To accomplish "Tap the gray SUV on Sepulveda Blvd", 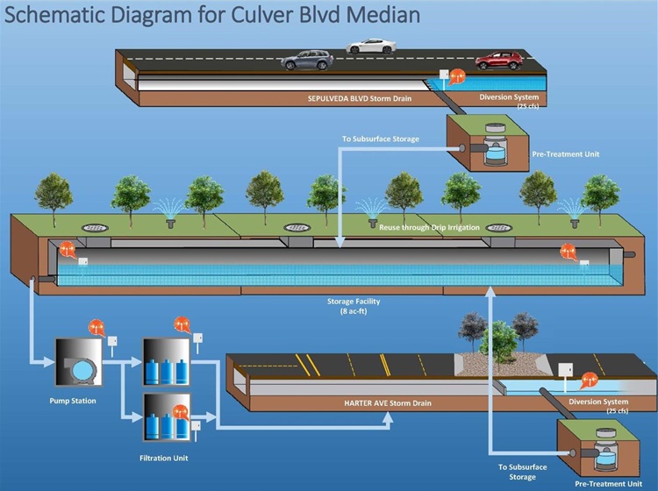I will click(307, 60).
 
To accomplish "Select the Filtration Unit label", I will click(165, 458).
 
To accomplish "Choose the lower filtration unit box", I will click(166, 416).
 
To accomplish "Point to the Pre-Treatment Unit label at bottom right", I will click(606, 482).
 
